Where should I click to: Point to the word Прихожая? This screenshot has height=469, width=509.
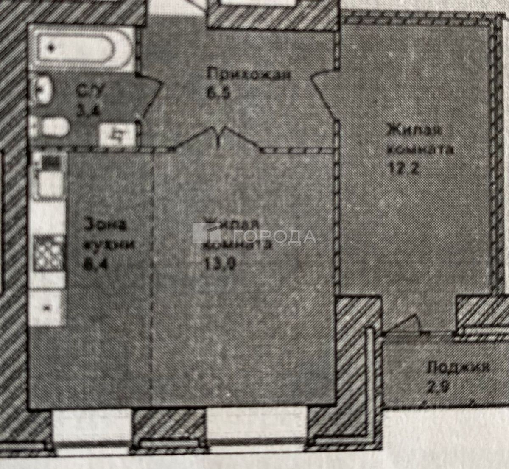click(x=249, y=75)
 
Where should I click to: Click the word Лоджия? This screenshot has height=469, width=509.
click(x=458, y=367)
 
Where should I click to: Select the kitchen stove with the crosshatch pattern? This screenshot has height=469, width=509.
click(x=48, y=252)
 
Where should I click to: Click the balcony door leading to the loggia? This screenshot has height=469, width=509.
click(x=403, y=327)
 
